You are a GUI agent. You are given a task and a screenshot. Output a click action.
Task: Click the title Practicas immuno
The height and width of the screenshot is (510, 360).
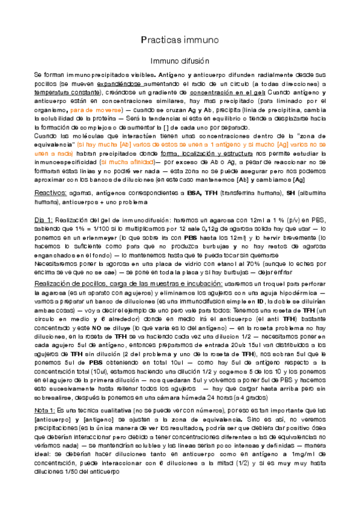[179, 40]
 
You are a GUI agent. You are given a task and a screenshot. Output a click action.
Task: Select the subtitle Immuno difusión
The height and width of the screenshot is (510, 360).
[179, 61]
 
